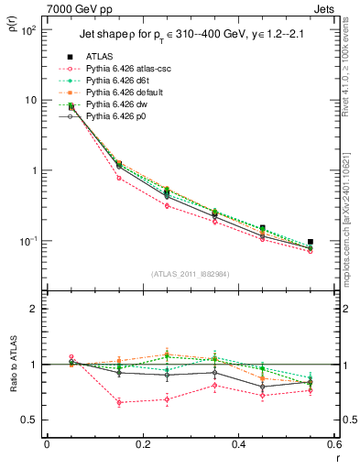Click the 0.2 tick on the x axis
pyautogui.click(x=142, y=446)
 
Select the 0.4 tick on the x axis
pyautogui.click(x=238, y=446)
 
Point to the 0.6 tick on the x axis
pyautogui.click(x=333, y=446)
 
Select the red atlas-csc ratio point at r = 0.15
pyautogui.click(x=119, y=402)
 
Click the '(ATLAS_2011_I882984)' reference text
pyautogui.click(x=190, y=273)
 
